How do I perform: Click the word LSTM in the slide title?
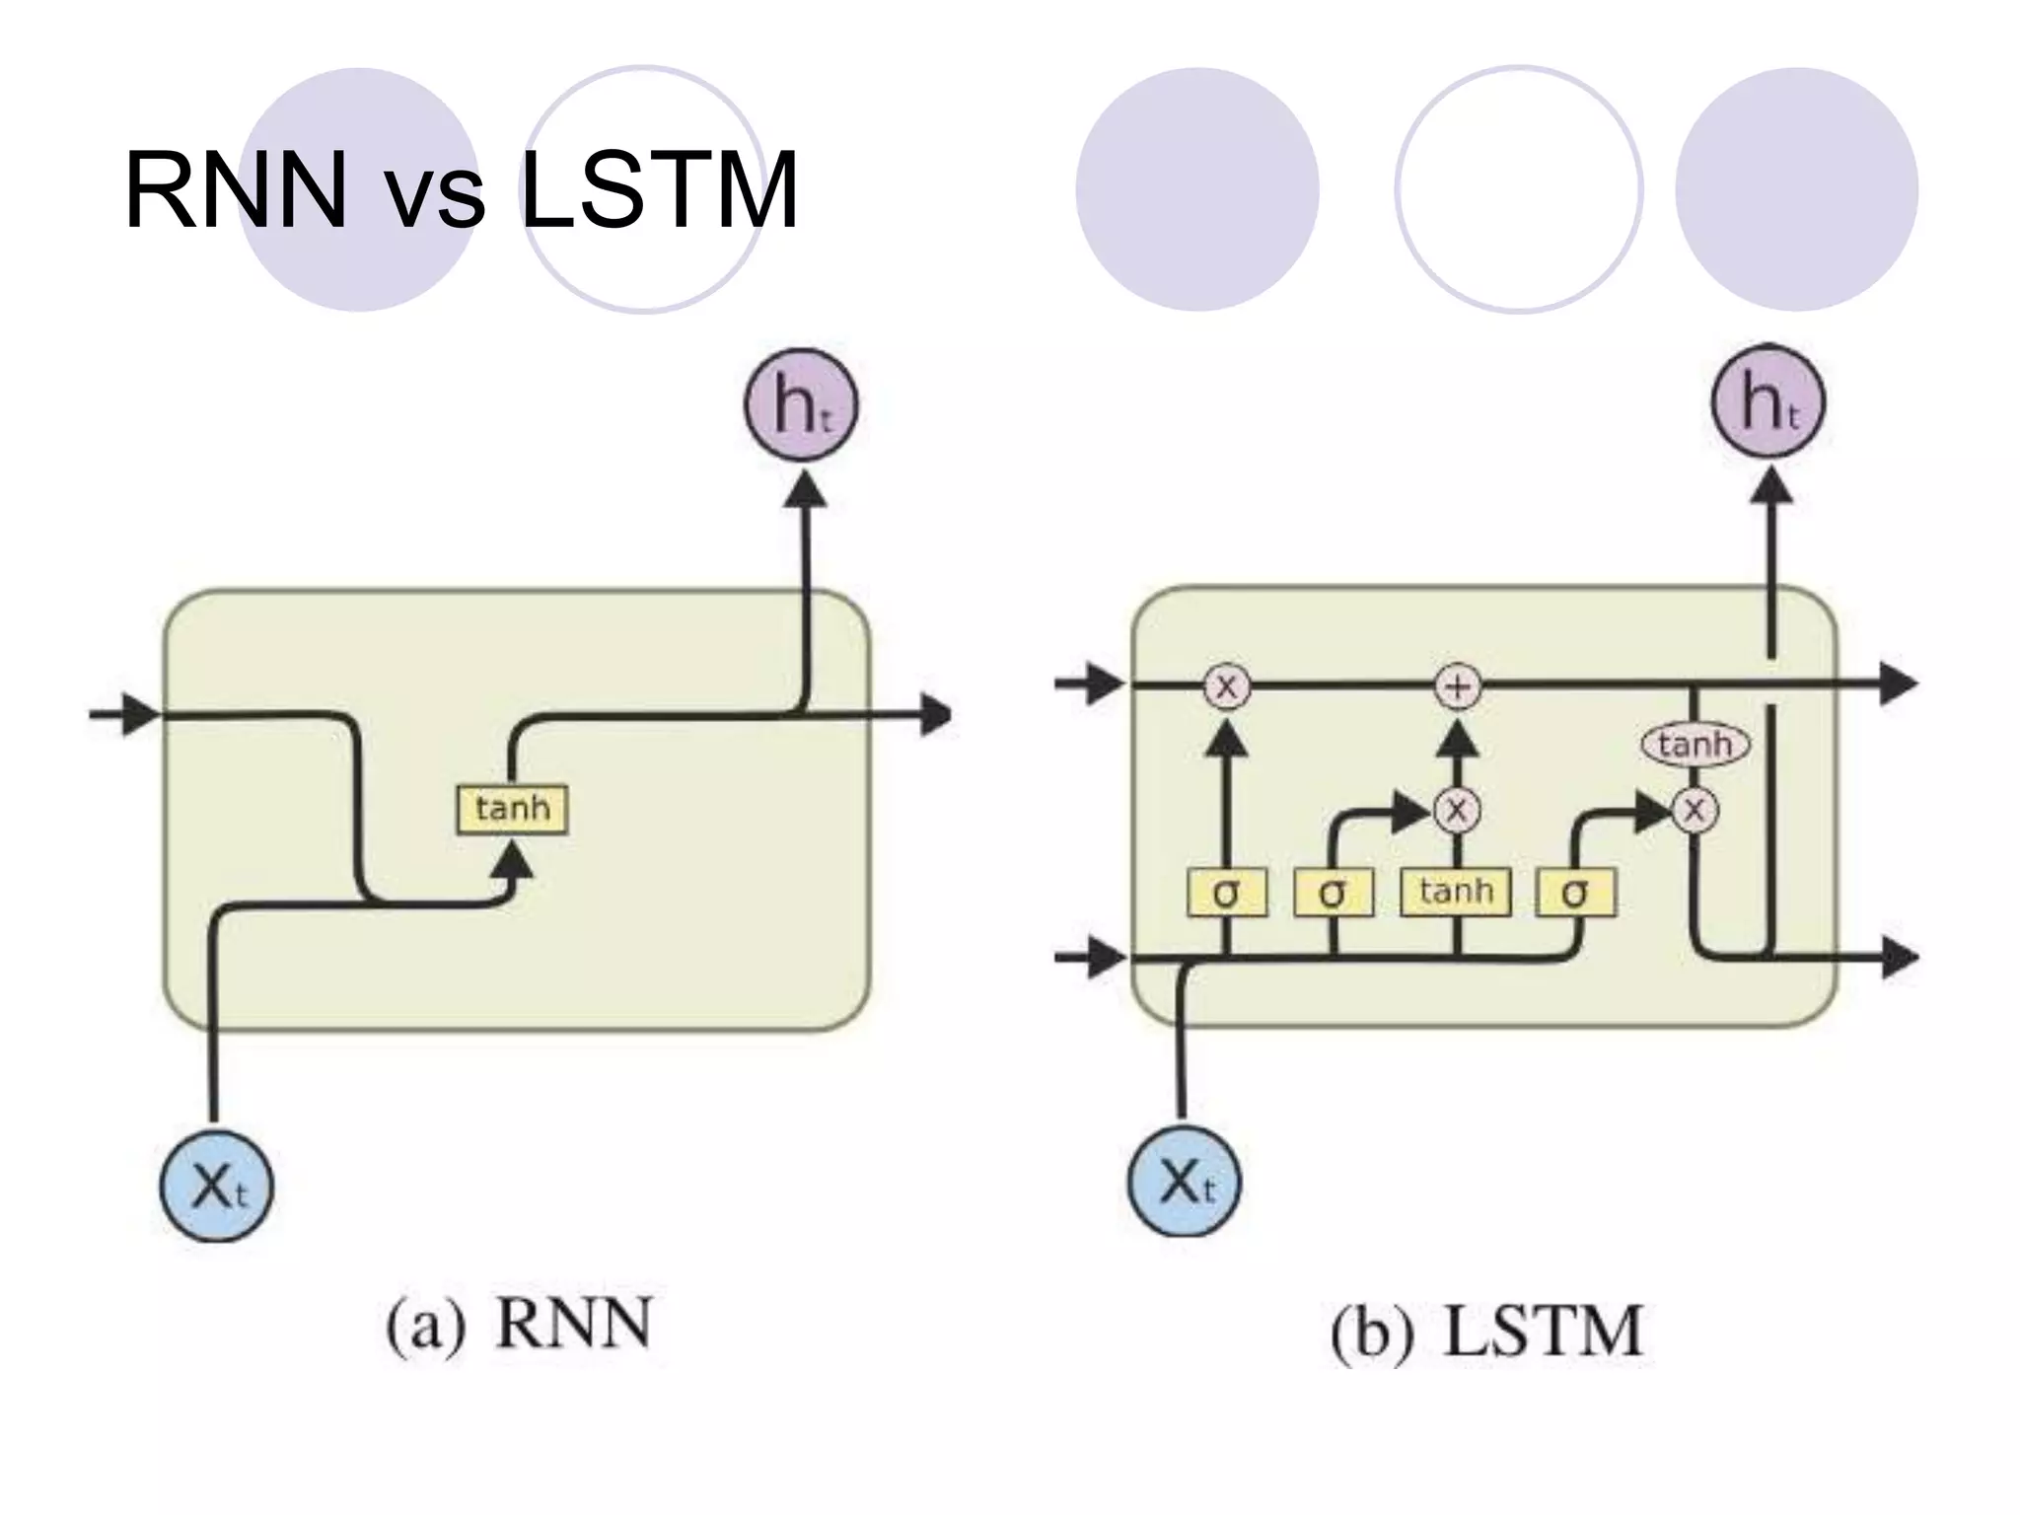click(x=658, y=190)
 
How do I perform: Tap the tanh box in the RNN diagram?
click(x=512, y=809)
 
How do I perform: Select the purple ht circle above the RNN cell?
click(x=801, y=405)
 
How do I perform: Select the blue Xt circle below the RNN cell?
click(x=216, y=1186)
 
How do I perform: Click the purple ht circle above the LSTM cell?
click(x=1768, y=402)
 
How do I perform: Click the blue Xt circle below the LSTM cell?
click(x=1185, y=1181)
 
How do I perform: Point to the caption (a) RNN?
click(x=519, y=1325)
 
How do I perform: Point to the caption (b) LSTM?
click(x=1486, y=1332)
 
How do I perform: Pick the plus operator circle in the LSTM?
click(x=1458, y=686)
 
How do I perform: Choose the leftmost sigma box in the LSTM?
click(x=1226, y=893)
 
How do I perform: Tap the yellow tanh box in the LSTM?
click(x=1456, y=892)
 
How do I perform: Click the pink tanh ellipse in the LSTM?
click(x=1695, y=744)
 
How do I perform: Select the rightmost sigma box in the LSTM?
click(x=1575, y=893)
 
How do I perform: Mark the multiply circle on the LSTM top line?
click(x=1226, y=686)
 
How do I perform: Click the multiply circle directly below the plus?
click(x=1457, y=811)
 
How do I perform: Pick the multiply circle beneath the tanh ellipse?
click(x=1695, y=811)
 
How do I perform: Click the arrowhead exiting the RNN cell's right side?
click(x=936, y=714)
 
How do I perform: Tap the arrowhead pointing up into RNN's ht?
click(x=805, y=490)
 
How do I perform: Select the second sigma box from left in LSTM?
click(x=1333, y=893)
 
